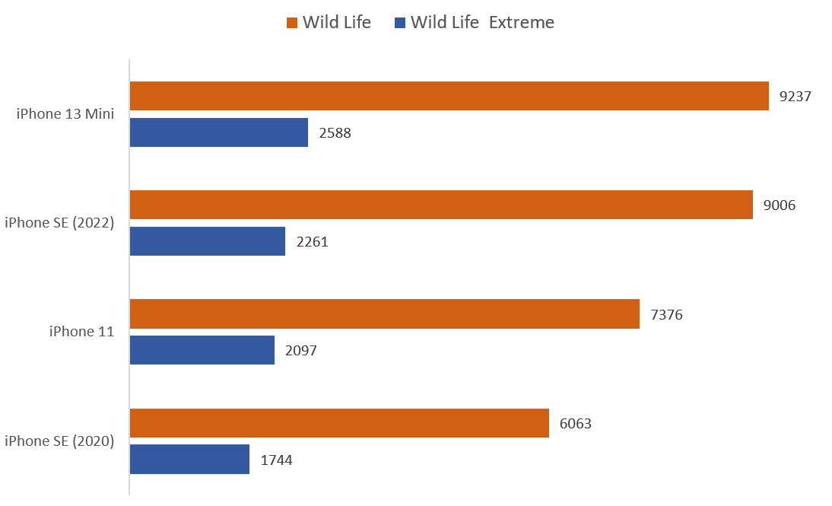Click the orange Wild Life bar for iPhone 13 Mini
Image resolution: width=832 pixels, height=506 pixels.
(x=449, y=96)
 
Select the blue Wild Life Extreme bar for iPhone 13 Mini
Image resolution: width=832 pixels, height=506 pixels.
(x=219, y=132)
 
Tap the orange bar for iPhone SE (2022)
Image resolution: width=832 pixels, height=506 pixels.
(x=441, y=205)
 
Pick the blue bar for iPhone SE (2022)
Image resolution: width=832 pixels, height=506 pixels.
(x=208, y=241)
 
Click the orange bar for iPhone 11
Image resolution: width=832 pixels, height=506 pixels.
(x=384, y=313)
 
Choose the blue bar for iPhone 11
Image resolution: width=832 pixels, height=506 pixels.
(x=202, y=350)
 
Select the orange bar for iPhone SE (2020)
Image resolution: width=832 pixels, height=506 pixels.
(x=339, y=423)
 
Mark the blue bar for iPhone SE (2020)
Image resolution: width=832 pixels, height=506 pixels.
(x=189, y=460)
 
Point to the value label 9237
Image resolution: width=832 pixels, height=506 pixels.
(x=795, y=97)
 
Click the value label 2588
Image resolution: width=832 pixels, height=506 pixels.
(x=335, y=133)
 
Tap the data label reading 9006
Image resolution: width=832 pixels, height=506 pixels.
(x=780, y=205)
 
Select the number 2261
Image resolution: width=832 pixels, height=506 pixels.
(x=312, y=242)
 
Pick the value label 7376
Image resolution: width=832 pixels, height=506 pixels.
(x=666, y=314)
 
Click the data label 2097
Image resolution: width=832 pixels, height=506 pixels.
(x=301, y=351)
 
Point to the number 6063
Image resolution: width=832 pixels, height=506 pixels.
(x=576, y=424)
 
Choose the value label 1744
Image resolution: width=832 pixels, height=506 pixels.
(x=276, y=460)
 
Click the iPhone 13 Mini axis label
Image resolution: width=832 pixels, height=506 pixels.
(x=65, y=114)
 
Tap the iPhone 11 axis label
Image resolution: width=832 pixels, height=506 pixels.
(x=81, y=332)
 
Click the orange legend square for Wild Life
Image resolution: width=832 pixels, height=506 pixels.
(x=291, y=24)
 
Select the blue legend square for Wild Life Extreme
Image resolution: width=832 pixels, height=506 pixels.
(x=399, y=24)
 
